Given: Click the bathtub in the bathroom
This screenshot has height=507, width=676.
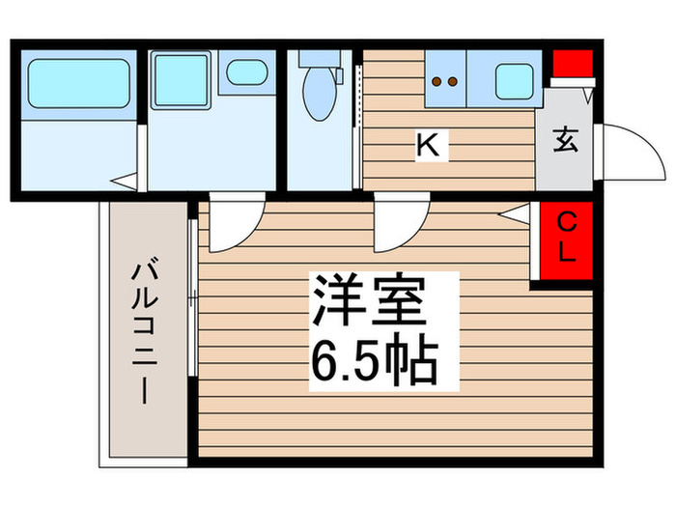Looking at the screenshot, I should click(x=78, y=83).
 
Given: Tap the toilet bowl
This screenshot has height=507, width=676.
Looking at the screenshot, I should click(x=316, y=97).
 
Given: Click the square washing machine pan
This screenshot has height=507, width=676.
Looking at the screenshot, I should click(x=180, y=78).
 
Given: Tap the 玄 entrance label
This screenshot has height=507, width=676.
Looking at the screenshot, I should click(x=566, y=140).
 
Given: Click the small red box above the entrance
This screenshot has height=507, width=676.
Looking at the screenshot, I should click(x=571, y=68).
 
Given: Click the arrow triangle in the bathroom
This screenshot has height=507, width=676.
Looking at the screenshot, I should click(x=125, y=180).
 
